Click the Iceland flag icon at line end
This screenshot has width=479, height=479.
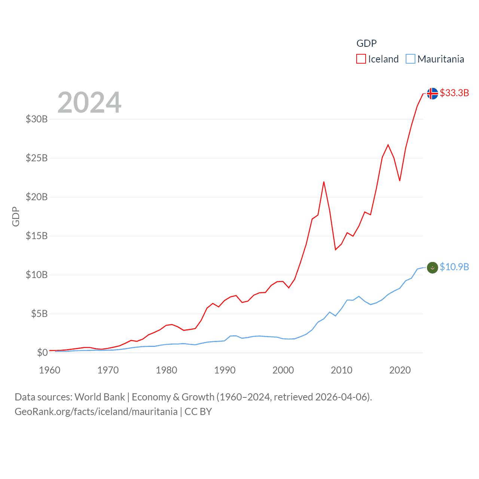tap(432, 93)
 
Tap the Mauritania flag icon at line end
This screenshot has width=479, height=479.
tap(432, 268)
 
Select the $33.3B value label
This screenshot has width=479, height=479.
tap(454, 93)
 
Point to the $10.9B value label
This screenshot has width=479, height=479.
tap(454, 267)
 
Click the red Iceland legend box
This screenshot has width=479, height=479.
tap(361, 59)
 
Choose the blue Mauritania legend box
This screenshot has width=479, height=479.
tap(411, 59)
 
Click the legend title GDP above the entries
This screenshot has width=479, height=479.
tap(366, 43)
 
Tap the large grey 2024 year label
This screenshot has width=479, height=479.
tap(89, 103)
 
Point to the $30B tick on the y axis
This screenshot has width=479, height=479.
tap(37, 119)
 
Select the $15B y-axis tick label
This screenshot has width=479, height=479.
tap(37, 236)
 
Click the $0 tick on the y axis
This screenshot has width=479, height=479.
tap(42, 353)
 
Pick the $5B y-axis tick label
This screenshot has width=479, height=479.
tap(39, 314)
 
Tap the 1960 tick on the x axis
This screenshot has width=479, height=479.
tap(50, 370)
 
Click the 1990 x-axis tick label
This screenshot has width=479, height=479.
tap(225, 370)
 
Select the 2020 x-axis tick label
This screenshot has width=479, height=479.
tap(400, 370)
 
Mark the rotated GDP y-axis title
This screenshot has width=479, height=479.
tap(16, 216)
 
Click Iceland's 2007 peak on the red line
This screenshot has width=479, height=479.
tap(324, 182)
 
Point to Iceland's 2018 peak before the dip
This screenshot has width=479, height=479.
tap(388, 145)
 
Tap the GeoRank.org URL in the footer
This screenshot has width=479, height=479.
tap(96, 412)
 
